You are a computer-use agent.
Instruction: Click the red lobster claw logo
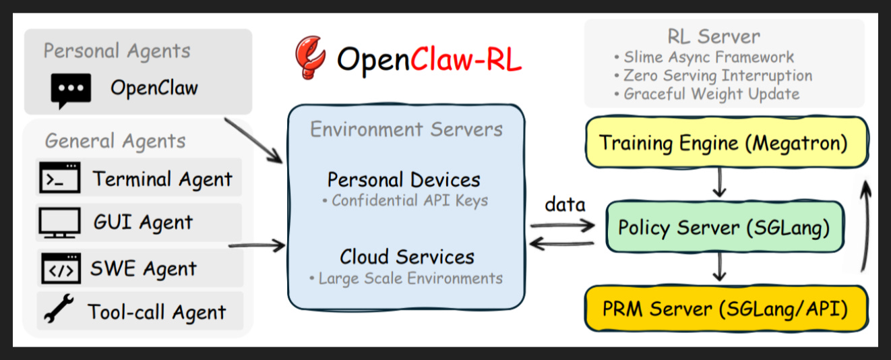click(310, 58)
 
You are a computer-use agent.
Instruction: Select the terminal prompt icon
click(60, 177)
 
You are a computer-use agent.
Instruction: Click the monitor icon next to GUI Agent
click(60, 222)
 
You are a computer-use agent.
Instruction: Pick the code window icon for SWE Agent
click(61, 268)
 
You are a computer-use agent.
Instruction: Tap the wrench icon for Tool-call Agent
click(59, 308)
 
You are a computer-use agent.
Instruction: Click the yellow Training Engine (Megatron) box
click(727, 142)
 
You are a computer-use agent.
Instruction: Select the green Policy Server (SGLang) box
click(725, 227)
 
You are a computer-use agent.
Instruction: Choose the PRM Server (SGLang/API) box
click(726, 309)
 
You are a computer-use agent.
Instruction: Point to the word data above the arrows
click(565, 205)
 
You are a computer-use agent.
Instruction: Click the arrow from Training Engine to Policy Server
click(719, 183)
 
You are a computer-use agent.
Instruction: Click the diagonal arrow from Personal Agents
click(254, 141)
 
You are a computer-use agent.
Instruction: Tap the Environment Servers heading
click(406, 129)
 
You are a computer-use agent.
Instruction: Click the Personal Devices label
click(404, 180)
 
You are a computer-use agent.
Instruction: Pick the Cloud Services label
click(407, 257)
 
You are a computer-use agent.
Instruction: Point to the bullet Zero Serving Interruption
click(713, 76)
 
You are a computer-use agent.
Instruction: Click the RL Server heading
click(714, 36)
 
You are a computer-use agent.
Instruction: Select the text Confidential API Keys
click(405, 200)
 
